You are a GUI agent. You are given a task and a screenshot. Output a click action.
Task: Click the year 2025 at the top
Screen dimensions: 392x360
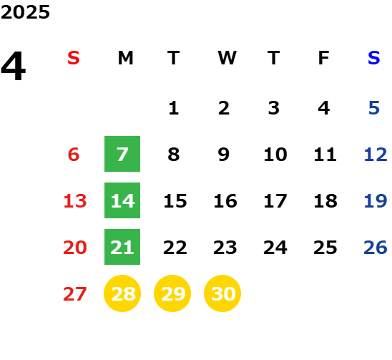pyautogui.click(x=25, y=12)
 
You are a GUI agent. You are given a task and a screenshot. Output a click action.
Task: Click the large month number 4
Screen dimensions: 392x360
pyautogui.click(x=14, y=66)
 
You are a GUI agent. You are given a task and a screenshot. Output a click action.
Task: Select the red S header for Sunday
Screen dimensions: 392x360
pyautogui.click(x=74, y=58)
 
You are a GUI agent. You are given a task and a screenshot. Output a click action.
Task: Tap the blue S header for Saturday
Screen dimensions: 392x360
pyautogui.click(x=374, y=58)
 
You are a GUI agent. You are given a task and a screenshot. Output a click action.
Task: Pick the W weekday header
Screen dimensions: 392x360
pyautogui.click(x=227, y=58)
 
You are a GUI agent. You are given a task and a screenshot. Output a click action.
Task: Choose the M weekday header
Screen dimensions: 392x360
pyautogui.click(x=125, y=58)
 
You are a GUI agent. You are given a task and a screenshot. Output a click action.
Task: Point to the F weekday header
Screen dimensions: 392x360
pyautogui.click(x=324, y=58)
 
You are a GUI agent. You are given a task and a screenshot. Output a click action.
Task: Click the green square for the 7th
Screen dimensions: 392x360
pyautogui.click(x=122, y=154)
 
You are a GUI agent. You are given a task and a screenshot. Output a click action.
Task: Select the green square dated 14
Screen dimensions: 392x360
pyautogui.click(x=122, y=200)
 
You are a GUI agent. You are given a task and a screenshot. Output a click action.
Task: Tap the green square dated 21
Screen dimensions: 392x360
pyautogui.click(x=122, y=247)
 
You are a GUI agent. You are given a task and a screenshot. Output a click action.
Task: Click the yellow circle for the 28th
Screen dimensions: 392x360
pyautogui.click(x=122, y=293)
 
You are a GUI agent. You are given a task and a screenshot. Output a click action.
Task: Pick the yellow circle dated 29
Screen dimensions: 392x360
pyautogui.click(x=172, y=293)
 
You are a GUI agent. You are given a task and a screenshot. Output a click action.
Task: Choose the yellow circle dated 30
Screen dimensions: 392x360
pyautogui.click(x=222, y=293)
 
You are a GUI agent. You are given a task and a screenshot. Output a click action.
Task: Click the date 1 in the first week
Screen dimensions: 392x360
pyautogui.click(x=174, y=108)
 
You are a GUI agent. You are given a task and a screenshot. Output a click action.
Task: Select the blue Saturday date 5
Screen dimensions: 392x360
pyautogui.click(x=374, y=108)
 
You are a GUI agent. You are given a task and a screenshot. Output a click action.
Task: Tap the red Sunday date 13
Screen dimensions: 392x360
pyautogui.click(x=75, y=201)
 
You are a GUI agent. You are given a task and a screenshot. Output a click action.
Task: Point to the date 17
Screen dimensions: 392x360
pyautogui.click(x=275, y=201)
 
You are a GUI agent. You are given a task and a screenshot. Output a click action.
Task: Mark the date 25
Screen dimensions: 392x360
pyautogui.click(x=325, y=248)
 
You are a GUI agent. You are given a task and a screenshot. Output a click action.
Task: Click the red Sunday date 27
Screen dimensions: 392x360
pyautogui.click(x=75, y=294)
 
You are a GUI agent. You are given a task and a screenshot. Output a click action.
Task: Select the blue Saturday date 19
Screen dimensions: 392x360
pyautogui.click(x=376, y=201)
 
